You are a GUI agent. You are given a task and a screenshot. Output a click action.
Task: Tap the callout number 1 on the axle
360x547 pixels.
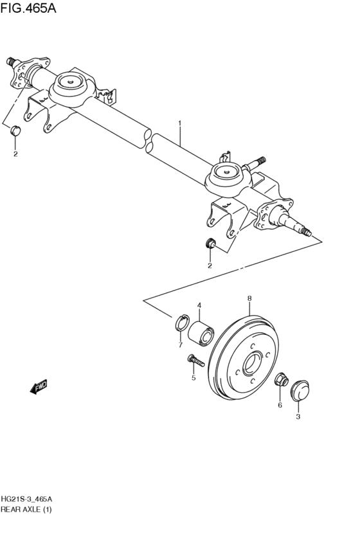(180, 122)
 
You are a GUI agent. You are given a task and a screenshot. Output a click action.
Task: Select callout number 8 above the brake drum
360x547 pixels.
(249, 298)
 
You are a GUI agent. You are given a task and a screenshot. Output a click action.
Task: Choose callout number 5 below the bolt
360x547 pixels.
(192, 378)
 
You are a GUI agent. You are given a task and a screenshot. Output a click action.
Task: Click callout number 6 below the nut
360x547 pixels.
(280, 405)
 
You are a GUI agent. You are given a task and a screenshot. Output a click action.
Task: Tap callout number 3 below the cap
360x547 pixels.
(298, 417)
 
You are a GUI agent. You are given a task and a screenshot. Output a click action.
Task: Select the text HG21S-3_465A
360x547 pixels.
(27, 499)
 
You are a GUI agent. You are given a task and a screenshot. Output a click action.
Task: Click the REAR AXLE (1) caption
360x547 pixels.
(26, 510)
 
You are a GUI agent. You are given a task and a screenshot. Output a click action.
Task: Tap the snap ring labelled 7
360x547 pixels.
(182, 323)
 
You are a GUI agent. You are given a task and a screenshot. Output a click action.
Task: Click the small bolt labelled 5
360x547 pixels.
(195, 362)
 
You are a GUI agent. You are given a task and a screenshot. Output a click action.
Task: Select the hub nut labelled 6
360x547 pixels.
(281, 381)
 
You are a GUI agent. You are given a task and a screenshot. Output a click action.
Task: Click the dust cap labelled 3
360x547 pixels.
(298, 390)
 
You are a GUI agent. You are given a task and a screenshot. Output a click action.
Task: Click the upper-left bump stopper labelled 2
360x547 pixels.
(15, 132)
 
